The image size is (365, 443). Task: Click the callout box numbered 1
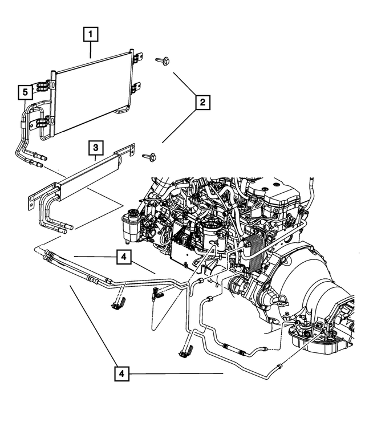click(x=90, y=35)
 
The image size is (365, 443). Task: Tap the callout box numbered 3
click(x=96, y=148)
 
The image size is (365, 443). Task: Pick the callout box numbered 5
click(x=25, y=91)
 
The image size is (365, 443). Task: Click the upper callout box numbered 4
click(x=123, y=257)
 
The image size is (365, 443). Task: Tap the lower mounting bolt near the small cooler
click(x=150, y=156)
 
